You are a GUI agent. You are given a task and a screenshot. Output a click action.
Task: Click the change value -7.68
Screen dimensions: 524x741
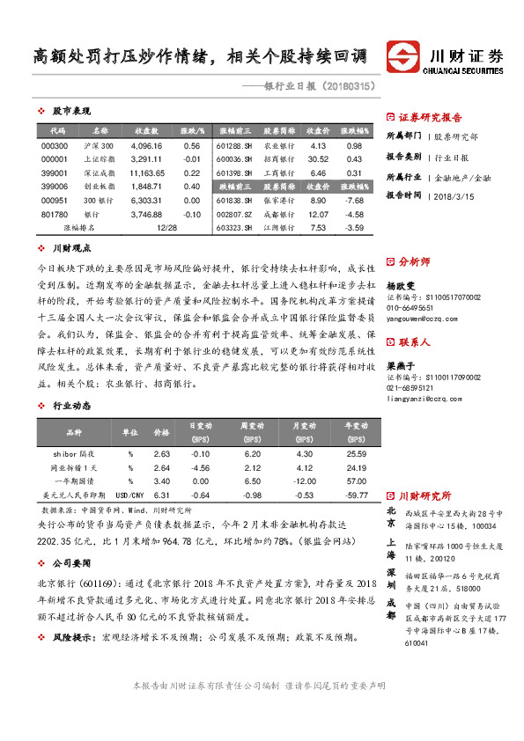(x=354, y=201)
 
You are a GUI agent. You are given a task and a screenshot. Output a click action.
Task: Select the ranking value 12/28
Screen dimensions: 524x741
(x=166, y=228)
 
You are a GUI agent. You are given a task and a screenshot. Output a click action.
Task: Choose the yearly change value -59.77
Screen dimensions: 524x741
(x=356, y=495)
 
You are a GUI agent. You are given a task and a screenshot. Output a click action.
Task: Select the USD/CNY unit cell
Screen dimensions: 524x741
(x=129, y=495)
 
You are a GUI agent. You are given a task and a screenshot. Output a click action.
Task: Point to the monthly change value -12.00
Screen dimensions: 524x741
(x=305, y=481)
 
